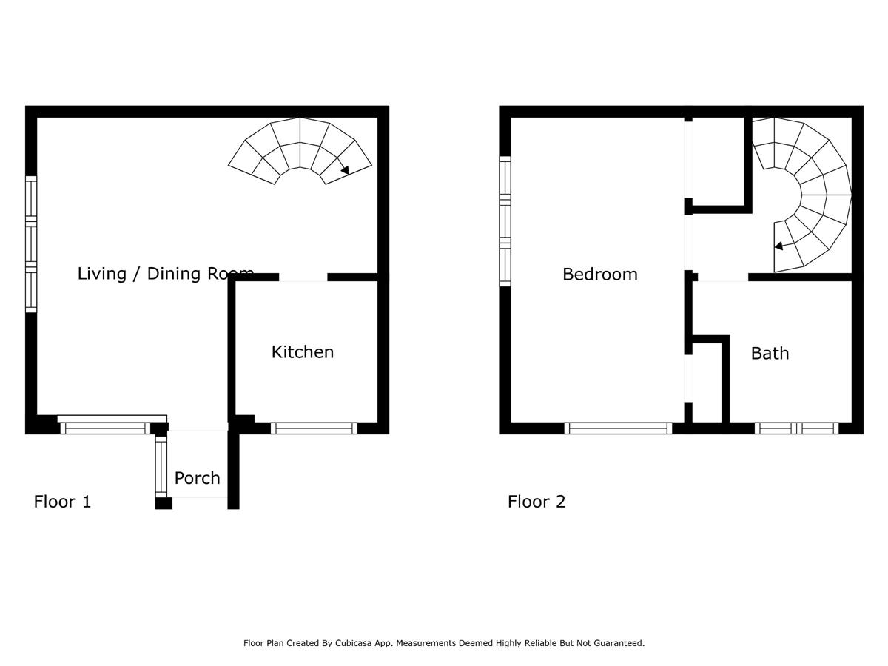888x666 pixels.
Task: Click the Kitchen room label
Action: pos(303,352)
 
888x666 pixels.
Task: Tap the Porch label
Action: pos(197,479)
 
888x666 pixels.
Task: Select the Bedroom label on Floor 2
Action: pos(600,275)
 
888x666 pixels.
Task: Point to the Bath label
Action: pos(770,354)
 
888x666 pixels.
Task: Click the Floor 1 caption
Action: pos(62,502)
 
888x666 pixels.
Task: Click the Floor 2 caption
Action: pos(536,502)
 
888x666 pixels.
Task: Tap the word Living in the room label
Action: pos(102,274)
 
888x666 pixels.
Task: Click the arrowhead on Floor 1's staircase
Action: pos(345,170)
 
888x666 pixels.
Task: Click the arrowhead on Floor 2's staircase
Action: pos(778,246)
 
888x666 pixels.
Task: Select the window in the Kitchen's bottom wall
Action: pos(314,428)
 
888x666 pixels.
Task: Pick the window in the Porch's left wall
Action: pos(161,467)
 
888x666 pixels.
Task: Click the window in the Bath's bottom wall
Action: pos(796,428)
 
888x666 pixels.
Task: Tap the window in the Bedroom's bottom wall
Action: pos(618,428)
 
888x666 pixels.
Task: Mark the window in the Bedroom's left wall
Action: pos(505,221)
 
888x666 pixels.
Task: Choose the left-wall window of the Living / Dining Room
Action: pos(31,244)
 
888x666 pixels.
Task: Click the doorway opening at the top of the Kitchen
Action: pos(303,277)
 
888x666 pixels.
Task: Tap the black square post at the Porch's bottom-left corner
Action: pos(164,503)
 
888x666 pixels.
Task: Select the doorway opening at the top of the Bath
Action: pos(723,277)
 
